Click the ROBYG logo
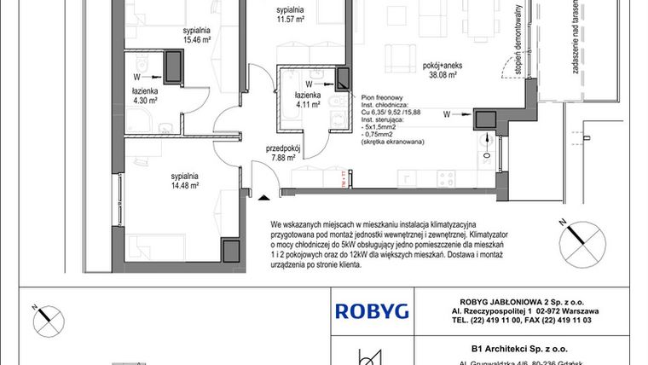click(x=371, y=310)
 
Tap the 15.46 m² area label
click(x=196, y=39)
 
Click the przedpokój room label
click(x=282, y=147)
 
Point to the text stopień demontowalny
click(x=518, y=38)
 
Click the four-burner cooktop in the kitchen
click(x=449, y=177)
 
